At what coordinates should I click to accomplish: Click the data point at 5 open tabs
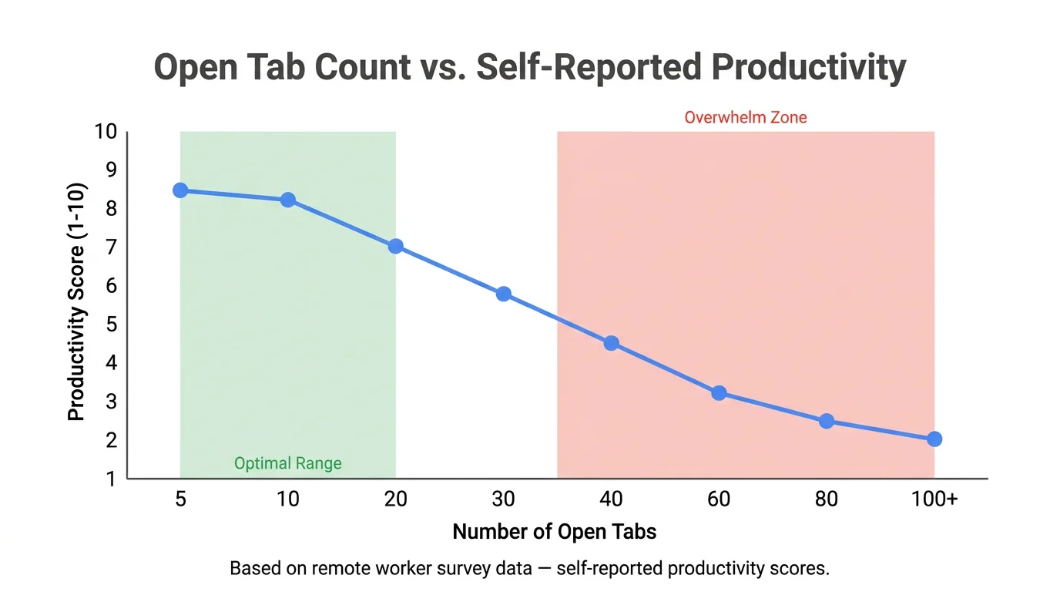tap(180, 190)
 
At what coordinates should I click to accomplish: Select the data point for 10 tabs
tap(287, 200)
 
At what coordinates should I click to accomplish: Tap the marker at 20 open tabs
tap(395, 247)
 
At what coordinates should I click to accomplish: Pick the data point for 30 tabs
tap(503, 294)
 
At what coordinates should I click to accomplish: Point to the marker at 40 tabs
tap(611, 343)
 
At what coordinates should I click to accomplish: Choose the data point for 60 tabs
tap(719, 393)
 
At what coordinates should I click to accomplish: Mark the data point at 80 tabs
tap(827, 421)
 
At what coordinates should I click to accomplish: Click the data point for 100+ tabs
tap(934, 439)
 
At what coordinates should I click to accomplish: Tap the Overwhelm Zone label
tap(745, 118)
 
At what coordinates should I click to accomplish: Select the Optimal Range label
tap(287, 463)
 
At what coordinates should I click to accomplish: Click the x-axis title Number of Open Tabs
tap(554, 531)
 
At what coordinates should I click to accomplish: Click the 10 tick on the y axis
tap(106, 132)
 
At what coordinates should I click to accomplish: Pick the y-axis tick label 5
tap(110, 325)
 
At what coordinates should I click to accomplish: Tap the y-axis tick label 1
tap(110, 479)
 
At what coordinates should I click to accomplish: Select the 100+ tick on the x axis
tap(934, 499)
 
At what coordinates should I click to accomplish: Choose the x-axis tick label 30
tap(503, 499)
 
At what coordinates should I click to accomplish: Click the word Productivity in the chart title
tap(808, 68)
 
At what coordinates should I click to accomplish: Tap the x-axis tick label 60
tap(719, 499)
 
